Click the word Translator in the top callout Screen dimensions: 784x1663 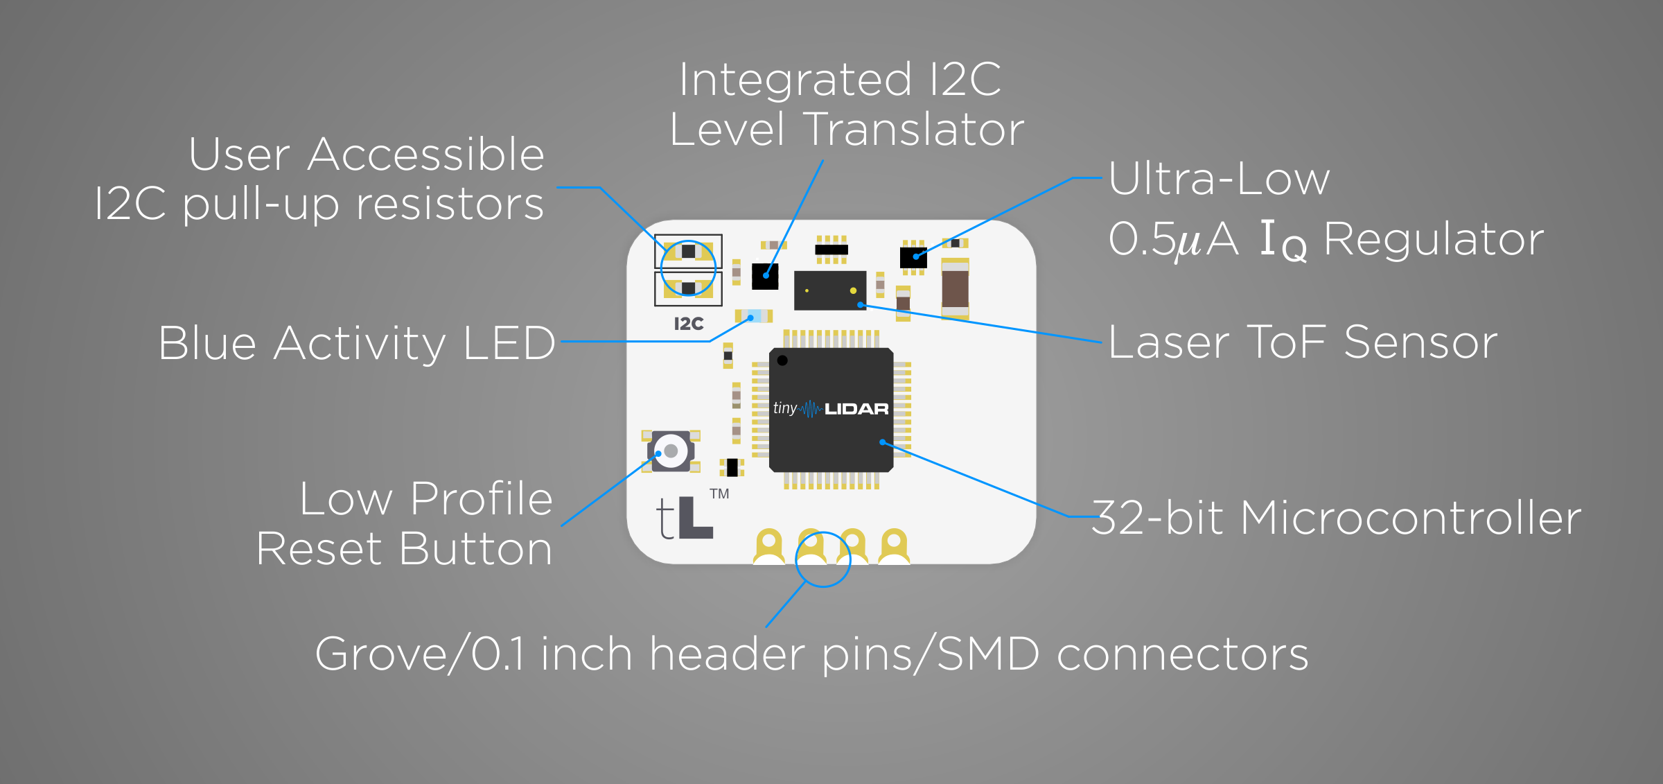915,130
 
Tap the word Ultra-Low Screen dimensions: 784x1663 1219,179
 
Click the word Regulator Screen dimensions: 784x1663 1434,239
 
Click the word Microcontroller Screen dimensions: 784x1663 1410,518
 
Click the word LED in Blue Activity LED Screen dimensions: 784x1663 509,343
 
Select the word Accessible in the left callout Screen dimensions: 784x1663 425,154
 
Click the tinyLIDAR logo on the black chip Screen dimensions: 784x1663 831,409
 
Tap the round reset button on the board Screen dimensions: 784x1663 670,451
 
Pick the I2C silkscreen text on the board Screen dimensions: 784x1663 689,324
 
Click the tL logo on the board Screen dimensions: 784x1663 684,518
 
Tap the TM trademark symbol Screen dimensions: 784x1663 719,494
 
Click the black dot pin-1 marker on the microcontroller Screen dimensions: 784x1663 782,360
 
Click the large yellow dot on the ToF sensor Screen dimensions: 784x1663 853,290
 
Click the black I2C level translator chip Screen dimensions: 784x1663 765,276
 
